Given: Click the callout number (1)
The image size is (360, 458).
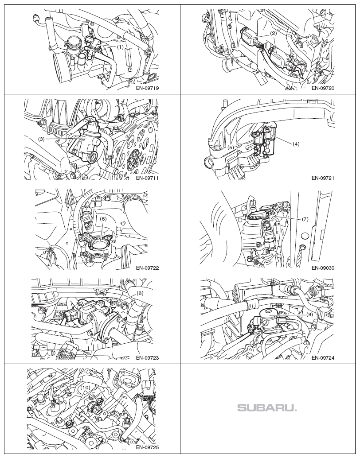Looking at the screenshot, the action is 120,46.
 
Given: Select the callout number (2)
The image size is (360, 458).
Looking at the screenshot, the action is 274,33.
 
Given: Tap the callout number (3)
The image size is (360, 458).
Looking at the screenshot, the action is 41,139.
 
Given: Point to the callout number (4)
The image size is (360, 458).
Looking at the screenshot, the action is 296,144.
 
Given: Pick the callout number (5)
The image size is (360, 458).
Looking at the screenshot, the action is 231,147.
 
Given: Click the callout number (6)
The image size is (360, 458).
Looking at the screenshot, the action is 103,218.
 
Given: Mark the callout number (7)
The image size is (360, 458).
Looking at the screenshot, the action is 305,219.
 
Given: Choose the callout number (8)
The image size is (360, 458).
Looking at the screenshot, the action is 140,293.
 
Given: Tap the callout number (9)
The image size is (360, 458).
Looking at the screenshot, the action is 310,314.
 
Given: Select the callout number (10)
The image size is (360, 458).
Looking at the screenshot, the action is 85,387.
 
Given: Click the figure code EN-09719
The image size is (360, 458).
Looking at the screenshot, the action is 147,88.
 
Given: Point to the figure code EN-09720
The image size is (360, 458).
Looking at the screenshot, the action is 323,88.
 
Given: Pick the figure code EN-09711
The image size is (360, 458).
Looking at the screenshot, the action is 147,178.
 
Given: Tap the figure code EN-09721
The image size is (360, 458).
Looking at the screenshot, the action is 323,178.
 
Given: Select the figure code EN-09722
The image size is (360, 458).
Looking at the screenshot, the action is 147,268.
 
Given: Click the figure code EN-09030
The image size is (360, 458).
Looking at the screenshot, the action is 323,268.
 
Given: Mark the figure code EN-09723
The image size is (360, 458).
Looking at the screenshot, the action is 147,358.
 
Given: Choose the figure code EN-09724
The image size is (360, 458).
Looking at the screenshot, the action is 323,358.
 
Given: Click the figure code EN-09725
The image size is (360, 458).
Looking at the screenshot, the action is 147,447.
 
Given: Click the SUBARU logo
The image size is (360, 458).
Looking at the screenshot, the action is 267,408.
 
